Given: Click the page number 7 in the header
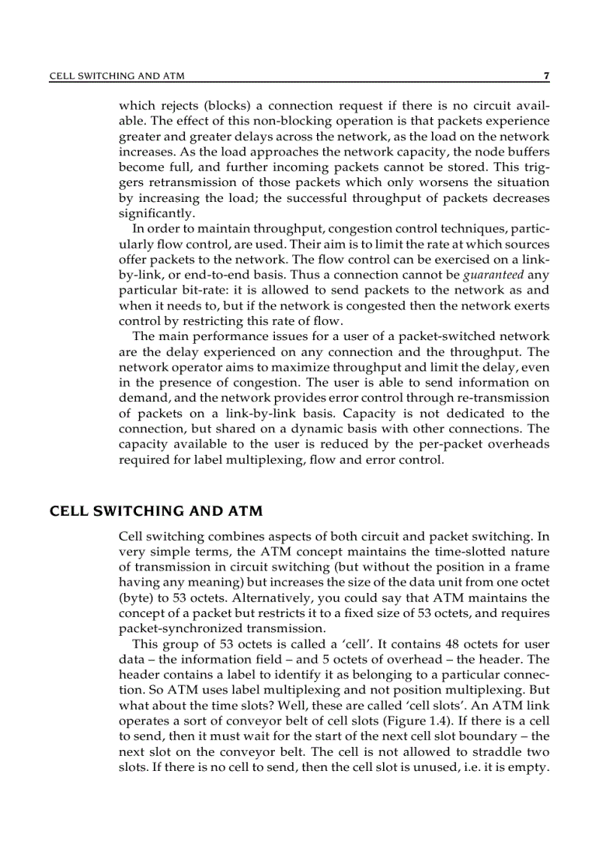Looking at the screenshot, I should [x=546, y=76].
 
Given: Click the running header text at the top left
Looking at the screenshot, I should [x=116, y=76].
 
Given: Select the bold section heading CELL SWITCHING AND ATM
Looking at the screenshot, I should [x=156, y=512].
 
